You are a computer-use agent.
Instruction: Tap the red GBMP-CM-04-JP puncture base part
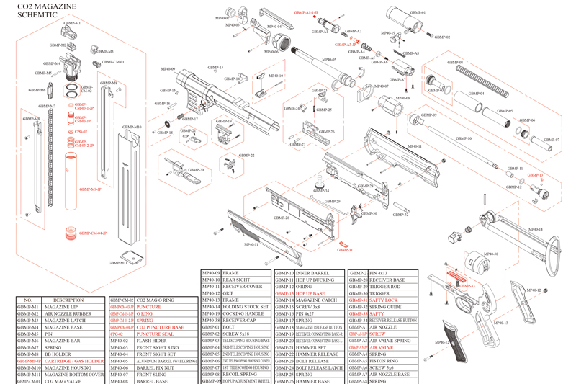click(x=71, y=232)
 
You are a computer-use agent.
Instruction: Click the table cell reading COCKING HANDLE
click(x=245, y=314)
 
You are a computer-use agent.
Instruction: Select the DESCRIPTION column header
click(x=68, y=300)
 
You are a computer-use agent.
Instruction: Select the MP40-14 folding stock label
click(x=534, y=229)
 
